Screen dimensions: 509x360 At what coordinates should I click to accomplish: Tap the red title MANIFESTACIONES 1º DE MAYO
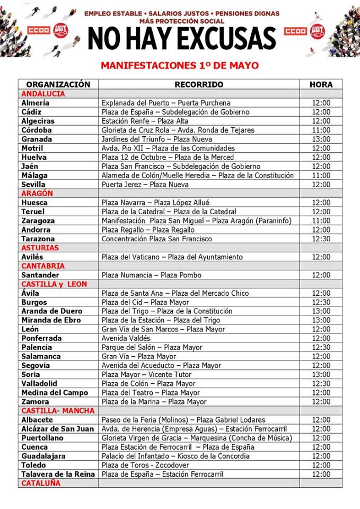(180, 66)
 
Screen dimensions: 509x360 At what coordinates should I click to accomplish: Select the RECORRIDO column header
(199, 84)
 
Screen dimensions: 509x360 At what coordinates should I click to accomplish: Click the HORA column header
(321, 84)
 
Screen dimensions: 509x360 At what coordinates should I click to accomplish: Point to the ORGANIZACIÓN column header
(58, 84)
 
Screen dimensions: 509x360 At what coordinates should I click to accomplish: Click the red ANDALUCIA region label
(43, 94)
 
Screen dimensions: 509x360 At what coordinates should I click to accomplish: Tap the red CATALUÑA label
(41, 483)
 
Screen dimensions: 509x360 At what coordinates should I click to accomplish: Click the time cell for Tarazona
(321, 239)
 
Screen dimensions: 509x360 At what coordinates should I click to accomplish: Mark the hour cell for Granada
(321, 139)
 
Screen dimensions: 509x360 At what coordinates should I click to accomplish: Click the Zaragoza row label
(38, 221)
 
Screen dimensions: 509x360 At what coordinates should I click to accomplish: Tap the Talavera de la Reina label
(58, 474)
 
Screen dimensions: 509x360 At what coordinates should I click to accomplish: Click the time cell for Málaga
(321, 175)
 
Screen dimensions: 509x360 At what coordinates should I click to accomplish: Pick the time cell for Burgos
(321, 302)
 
